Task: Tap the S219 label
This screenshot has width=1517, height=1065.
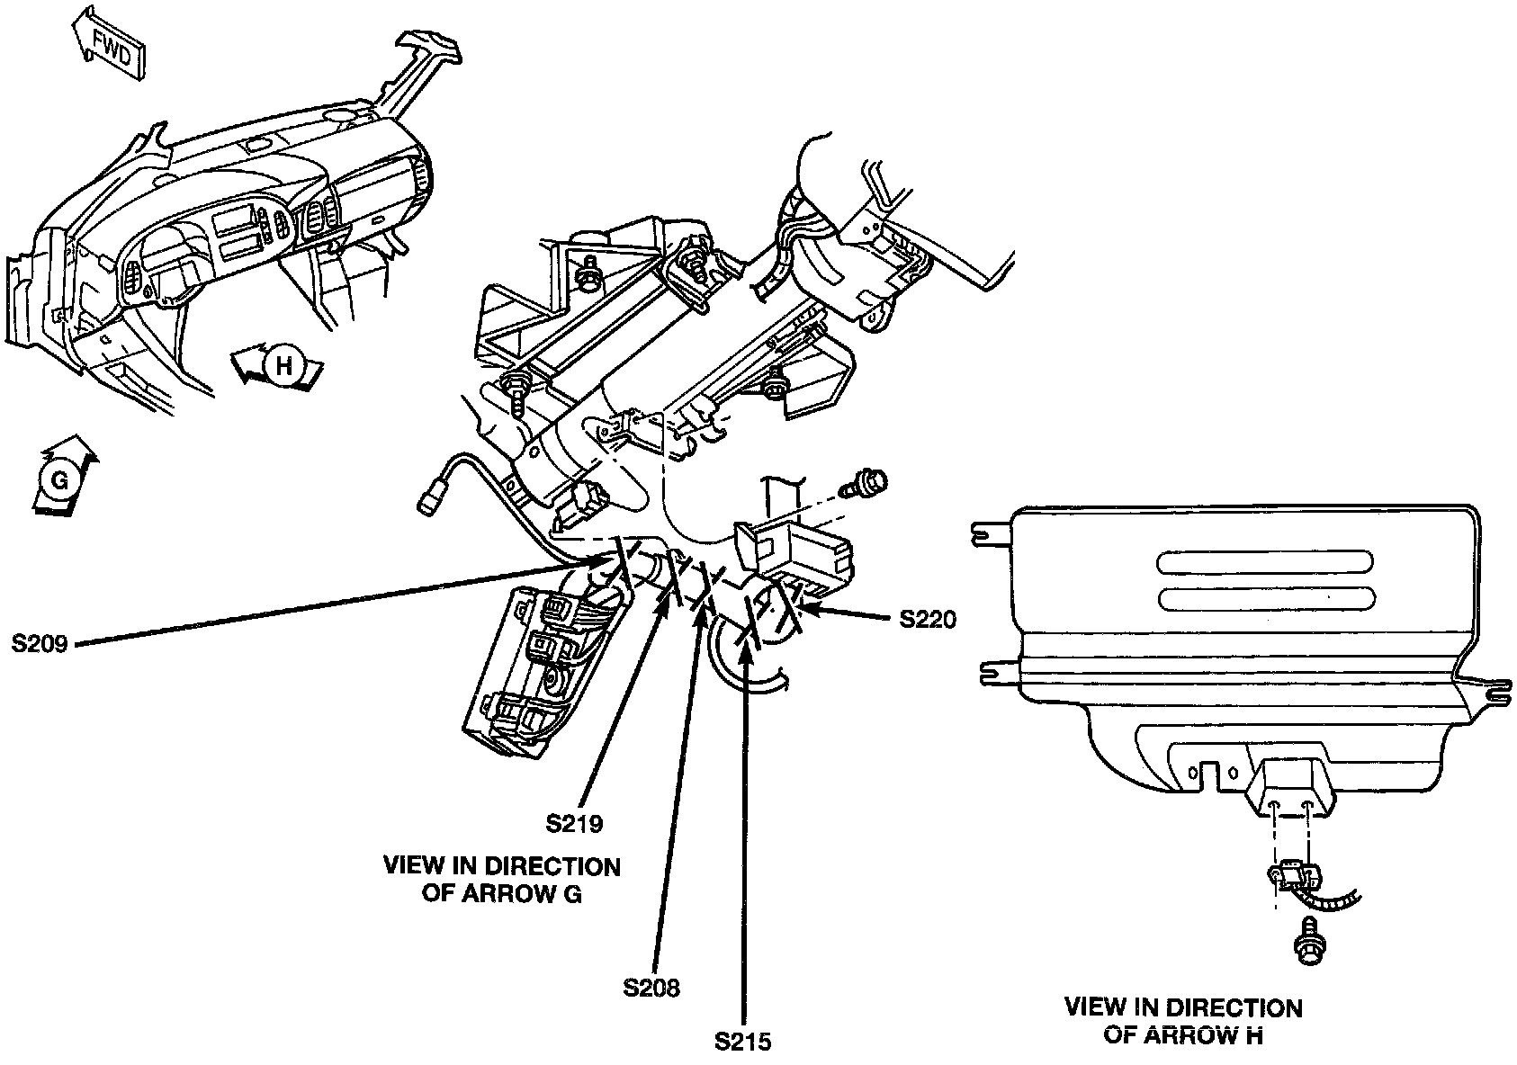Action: point(574,822)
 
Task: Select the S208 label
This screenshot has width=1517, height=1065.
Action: point(651,988)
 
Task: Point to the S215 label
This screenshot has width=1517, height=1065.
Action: point(743,1042)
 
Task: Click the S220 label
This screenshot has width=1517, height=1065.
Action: point(928,619)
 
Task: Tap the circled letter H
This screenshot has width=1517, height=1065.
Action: point(282,367)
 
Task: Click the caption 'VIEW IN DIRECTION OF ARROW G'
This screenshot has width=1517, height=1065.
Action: point(502,880)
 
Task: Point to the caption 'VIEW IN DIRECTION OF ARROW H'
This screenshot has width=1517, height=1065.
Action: point(1183,1021)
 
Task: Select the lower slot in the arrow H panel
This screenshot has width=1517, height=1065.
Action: point(1266,598)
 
